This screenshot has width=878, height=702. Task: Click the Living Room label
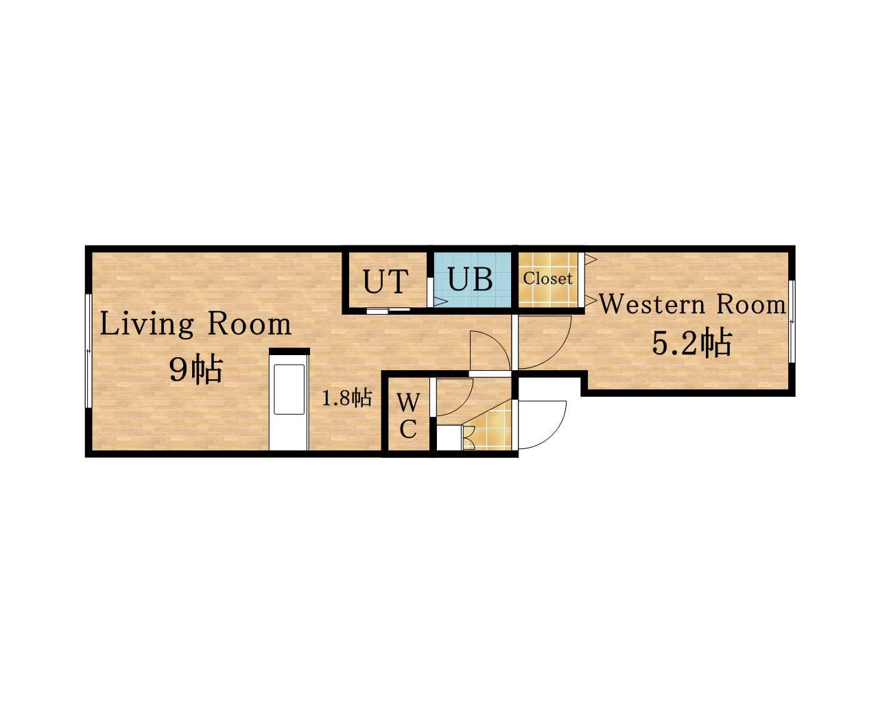195,324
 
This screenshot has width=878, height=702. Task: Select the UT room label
385,282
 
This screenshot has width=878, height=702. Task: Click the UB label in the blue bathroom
470,279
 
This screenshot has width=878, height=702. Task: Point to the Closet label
547,278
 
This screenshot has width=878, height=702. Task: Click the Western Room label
692,304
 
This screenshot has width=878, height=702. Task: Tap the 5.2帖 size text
692,343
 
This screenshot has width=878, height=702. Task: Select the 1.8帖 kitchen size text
347,398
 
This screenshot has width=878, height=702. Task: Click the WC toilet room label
408,415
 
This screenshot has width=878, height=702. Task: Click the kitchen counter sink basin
289,389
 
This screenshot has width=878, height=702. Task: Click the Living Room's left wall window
88,350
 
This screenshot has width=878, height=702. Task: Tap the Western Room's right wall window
792,321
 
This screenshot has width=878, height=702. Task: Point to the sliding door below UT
388,311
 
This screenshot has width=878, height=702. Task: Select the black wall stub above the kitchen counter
289,352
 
